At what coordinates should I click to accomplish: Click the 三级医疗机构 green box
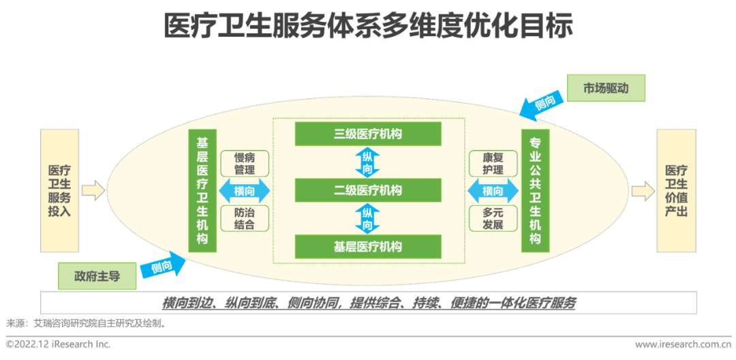pyautogui.click(x=368, y=134)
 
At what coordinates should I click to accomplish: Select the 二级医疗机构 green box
pyautogui.click(x=368, y=190)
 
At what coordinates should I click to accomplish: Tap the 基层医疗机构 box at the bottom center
pyautogui.click(x=368, y=246)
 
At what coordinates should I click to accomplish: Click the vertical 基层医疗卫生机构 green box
pyautogui.click(x=202, y=191)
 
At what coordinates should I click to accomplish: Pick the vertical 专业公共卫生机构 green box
pyautogui.click(x=535, y=191)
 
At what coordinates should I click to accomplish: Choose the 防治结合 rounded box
pyautogui.click(x=245, y=217)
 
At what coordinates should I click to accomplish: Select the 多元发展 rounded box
pyautogui.click(x=493, y=217)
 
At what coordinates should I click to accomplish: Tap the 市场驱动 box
pyautogui.click(x=605, y=89)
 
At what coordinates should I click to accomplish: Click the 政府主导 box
pyautogui.click(x=97, y=276)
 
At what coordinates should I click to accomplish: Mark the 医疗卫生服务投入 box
pyautogui.click(x=59, y=191)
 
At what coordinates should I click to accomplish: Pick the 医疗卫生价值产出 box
pyautogui.click(x=676, y=191)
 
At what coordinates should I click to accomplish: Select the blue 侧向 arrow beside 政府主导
pyautogui.click(x=163, y=267)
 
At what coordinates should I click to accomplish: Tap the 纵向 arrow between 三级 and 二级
pyautogui.click(x=367, y=162)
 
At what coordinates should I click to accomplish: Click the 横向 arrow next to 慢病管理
pyautogui.click(x=245, y=191)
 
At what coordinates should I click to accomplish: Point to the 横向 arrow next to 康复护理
pyautogui.click(x=493, y=191)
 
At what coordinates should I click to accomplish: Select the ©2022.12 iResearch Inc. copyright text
pyautogui.click(x=59, y=344)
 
